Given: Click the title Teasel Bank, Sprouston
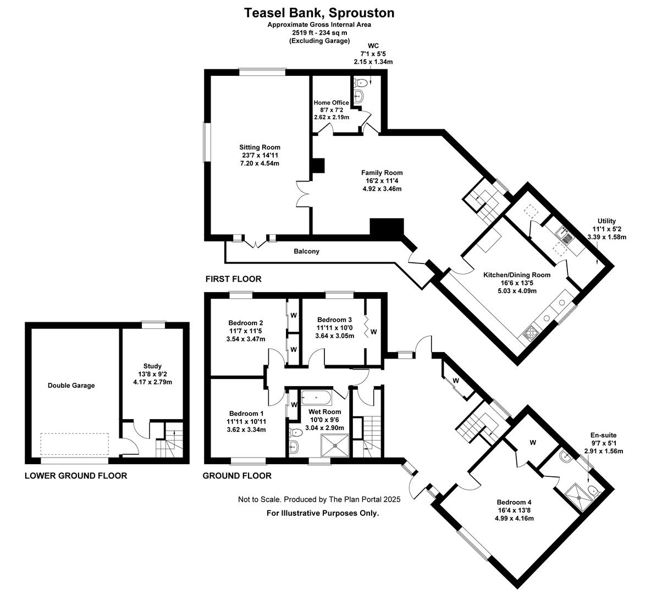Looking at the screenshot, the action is coord(319,13).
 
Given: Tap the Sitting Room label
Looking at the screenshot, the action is coord(260,147).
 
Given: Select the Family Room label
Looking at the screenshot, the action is coord(382,173).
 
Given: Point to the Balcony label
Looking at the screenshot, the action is coord(306,251).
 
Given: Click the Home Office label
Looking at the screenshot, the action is coord(332,103).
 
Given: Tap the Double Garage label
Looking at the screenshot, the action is coord(71,386).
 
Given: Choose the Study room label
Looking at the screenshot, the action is coord(152,366).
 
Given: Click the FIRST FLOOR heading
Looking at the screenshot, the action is coord(233,279).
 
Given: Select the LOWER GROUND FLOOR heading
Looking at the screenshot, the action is coord(76,476).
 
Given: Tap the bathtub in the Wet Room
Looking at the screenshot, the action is coord(316,398).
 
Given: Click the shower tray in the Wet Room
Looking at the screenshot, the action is coord(335,445).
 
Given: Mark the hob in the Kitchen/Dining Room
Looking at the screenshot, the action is coord(531,333).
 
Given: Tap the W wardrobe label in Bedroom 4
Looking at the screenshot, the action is coord(533,443).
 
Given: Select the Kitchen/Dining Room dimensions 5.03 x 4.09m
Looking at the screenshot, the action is coord(517,291).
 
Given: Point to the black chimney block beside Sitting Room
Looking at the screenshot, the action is coord(318,166).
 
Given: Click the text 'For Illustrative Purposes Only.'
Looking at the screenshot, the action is coord(323,513).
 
